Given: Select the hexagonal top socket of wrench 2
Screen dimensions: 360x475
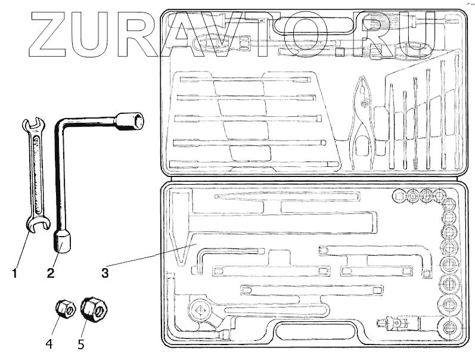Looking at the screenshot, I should tap(131, 121).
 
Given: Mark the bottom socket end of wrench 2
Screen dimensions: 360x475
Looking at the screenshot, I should tap(63, 241).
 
